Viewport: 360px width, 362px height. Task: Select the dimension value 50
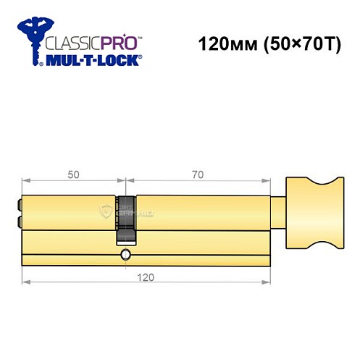[x=73, y=174]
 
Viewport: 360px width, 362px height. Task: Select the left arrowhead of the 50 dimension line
[x=26, y=180]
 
